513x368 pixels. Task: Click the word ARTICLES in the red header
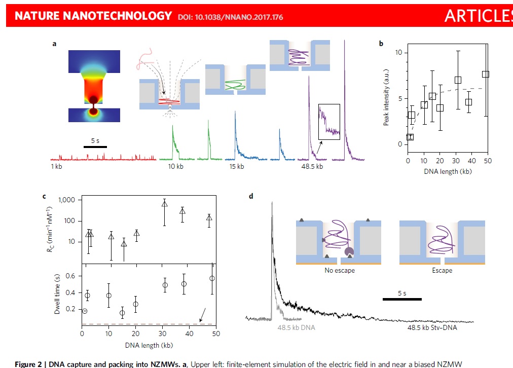pyautogui.click(x=478, y=16)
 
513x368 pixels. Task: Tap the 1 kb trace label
pyautogui.click(x=57, y=166)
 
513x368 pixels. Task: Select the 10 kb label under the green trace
pyautogui.click(x=175, y=166)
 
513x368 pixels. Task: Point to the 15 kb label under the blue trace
pyautogui.click(x=237, y=166)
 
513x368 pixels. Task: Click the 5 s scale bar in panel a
pyautogui.click(x=95, y=146)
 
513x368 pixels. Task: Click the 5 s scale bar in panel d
pyautogui.click(x=401, y=299)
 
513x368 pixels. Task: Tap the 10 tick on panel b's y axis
pyautogui.click(x=399, y=53)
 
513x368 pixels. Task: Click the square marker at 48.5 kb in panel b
pyautogui.click(x=486, y=74)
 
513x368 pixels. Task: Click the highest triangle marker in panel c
pyautogui.click(x=164, y=204)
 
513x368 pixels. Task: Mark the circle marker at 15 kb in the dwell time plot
pyautogui.click(x=122, y=313)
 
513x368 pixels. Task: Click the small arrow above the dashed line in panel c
pyautogui.click(x=202, y=318)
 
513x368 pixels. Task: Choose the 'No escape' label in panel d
pyautogui.click(x=340, y=271)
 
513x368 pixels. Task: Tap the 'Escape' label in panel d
pyautogui.click(x=442, y=271)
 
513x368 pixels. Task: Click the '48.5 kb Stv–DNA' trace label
pyautogui.click(x=433, y=328)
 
